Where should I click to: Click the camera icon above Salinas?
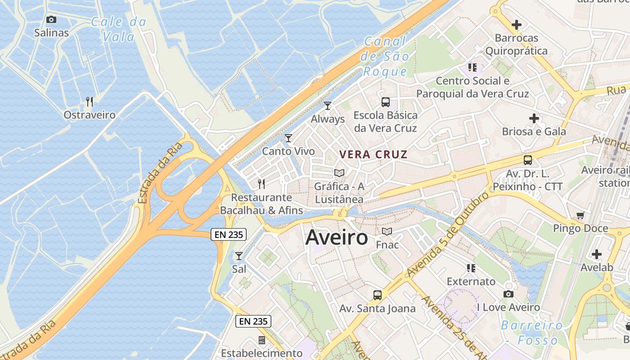(x=51, y=19)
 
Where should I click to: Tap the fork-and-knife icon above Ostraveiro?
(x=90, y=102)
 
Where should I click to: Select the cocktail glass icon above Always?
(x=328, y=106)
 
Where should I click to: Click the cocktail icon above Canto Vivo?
(x=288, y=138)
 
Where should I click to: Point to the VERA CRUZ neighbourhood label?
(x=373, y=155)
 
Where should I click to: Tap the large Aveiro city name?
(x=337, y=238)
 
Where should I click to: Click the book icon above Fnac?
(x=387, y=232)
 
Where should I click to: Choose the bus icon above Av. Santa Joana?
(x=377, y=295)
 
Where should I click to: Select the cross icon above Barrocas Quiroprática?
(x=516, y=25)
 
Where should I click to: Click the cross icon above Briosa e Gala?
(x=534, y=119)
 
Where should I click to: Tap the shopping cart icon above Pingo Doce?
(x=580, y=216)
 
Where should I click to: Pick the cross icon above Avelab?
(x=597, y=254)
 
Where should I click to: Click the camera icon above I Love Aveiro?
(x=508, y=294)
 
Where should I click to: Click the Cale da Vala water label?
(x=119, y=29)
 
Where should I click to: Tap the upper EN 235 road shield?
(x=229, y=234)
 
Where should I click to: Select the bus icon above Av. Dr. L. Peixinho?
(x=527, y=160)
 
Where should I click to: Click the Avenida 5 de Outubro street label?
(x=448, y=235)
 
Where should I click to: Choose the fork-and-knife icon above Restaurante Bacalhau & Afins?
(x=261, y=184)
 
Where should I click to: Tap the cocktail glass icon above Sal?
(x=239, y=256)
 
